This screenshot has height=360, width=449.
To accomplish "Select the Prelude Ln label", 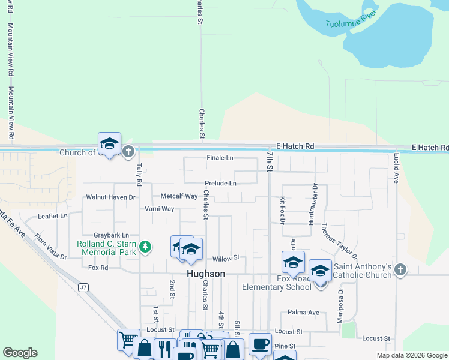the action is [x=220, y=183].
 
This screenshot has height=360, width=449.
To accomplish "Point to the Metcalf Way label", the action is [x=179, y=196].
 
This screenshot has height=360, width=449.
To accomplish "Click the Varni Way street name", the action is [x=159, y=209].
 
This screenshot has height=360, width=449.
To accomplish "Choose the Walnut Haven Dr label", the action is [x=111, y=197].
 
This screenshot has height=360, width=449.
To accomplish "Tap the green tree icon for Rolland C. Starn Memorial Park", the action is [x=145, y=246].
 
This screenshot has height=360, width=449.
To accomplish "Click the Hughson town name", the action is [x=206, y=274].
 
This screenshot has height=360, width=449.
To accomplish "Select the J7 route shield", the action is [x=83, y=288].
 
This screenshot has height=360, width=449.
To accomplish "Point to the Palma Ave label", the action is [x=303, y=313].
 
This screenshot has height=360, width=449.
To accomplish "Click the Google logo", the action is [x=20, y=353].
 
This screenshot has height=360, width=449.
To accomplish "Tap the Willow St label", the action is [x=226, y=258].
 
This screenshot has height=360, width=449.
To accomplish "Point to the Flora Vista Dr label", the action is [x=51, y=247].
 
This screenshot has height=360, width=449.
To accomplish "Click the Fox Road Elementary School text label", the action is [x=277, y=283].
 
